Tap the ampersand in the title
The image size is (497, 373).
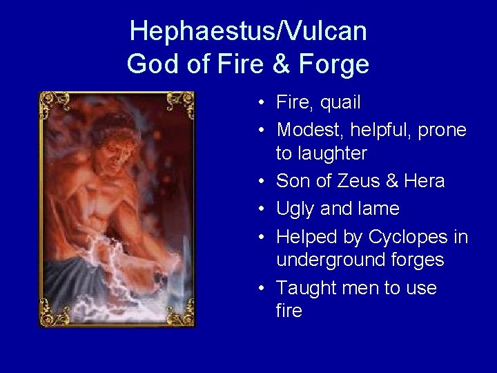coord(281,65)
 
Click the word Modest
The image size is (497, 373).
coord(308,129)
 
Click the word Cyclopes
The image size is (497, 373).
coord(409,237)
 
